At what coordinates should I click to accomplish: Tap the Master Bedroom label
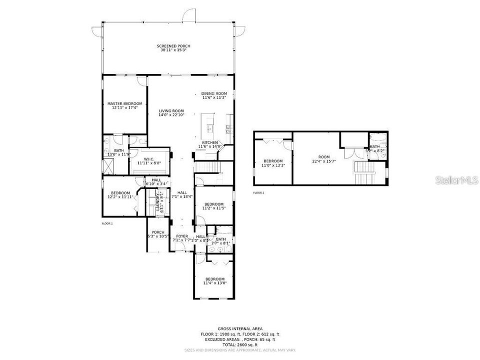pyautogui.click(x=124, y=105)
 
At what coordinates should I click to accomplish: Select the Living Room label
pyautogui.click(x=171, y=113)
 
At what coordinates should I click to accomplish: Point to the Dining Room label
pyautogui.click(x=214, y=95)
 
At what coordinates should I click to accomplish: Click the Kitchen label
pyautogui.click(x=210, y=144)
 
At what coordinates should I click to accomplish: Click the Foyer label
pyautogui.click(x=182, y=238)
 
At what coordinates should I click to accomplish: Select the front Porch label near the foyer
pyautogui.click(x=158, y=234)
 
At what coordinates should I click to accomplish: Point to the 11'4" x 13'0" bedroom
pyautogui.click(x=214, y=281)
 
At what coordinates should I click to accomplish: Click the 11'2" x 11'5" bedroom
pyautogui.click(x=213, y=206)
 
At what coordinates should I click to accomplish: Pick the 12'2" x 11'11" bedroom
pyautogui.click(x=120, y=195)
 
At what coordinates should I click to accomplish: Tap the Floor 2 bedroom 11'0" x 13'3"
pyautogui.click(x=273, y=163)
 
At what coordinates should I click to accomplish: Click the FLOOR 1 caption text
pyautogui.click(x=107, y=223)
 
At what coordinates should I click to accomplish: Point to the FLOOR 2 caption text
pyautogui.click(x=258, y=192)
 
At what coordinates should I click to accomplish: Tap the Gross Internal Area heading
pyautogui.click(x=243, y=328)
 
